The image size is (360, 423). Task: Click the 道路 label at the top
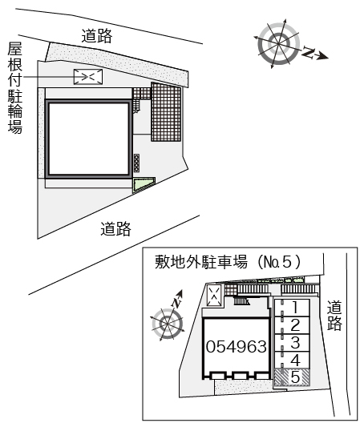click(x=97, y=35)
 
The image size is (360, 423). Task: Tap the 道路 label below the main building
click(x=115, y=230)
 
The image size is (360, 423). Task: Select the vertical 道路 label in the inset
click(x=335, y=315)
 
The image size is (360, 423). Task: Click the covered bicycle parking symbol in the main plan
click(x=87, y=76)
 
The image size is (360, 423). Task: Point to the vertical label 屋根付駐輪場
click(x=14, y=87)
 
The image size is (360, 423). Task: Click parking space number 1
click(x=295, y=307)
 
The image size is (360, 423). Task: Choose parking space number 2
click(x=295, y=324)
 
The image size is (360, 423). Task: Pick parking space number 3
click(x=295, y=342)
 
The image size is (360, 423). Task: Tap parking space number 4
click(x=295, y=360)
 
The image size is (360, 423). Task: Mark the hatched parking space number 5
click(x=294, y=377)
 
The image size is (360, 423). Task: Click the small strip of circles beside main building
click(x=136, y=163)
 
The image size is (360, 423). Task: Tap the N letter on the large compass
click(x=308, y=52)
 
